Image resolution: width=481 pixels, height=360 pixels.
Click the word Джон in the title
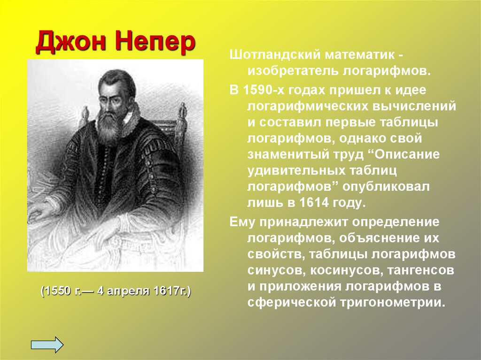click(x=70, y=43)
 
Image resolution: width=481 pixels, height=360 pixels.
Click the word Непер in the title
click(x=155, y=43)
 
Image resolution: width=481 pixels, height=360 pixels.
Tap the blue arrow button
click(x=47, y=344)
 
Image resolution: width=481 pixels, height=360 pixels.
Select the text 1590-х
click(x=264, y=89)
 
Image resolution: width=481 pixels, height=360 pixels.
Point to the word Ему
click(x=241, y=221)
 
